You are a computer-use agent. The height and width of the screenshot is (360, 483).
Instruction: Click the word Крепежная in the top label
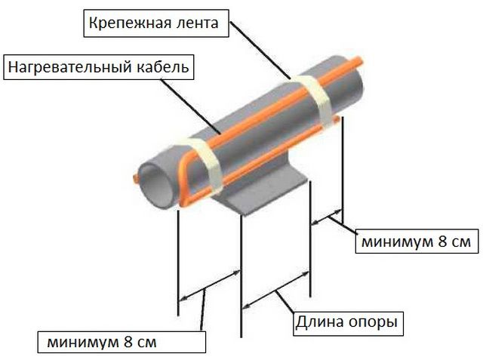click(x=130, y=23)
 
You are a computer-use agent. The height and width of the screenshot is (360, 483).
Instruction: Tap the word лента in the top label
click(x=197, y=23)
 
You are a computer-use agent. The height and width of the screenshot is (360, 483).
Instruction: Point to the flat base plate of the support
click(x=265, y=192)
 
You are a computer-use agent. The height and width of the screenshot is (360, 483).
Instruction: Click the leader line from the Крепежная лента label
click(x=260, y=51)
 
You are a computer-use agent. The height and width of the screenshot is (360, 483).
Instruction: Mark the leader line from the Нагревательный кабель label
click(x=191, y=107)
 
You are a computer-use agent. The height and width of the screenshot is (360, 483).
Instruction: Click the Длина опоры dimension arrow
click(x=275, y=290)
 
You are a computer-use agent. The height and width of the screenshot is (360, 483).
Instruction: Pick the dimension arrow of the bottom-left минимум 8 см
click(x=210, y=285)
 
